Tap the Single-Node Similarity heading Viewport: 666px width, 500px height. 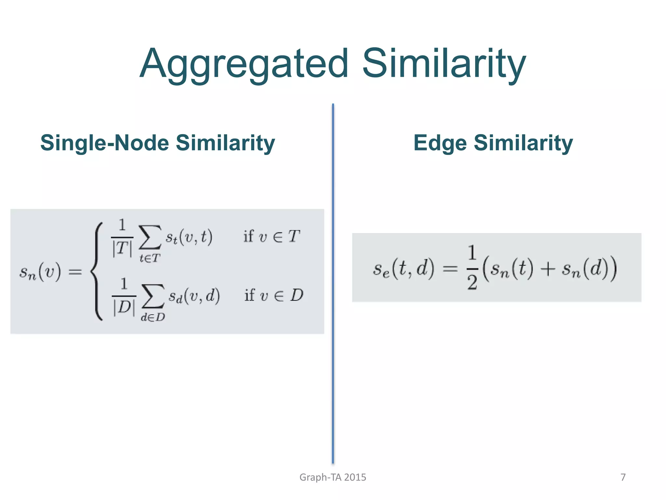point(157,143)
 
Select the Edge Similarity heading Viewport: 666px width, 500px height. point(493,143)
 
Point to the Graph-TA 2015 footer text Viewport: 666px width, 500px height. point(333,477)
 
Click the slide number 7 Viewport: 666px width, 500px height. point(623,477)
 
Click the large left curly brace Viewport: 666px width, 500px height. point(97,271)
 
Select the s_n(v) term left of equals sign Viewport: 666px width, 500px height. point(40,272)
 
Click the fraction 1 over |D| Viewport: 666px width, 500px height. point(124,297)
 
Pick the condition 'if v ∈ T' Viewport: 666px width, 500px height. point(272,237)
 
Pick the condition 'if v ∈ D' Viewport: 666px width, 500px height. point(273,296)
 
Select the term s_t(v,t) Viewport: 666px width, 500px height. point(189,237)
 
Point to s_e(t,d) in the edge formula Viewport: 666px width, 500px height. point(403,269)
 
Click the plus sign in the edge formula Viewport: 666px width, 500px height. point(548,270)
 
